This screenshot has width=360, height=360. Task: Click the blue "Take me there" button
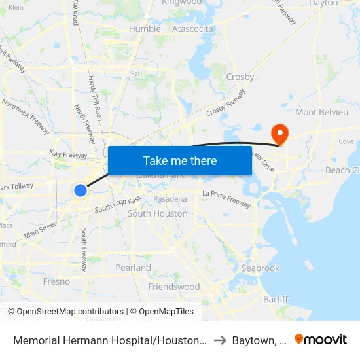tap(180, 160)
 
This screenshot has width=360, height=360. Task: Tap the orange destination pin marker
tap(280, 134)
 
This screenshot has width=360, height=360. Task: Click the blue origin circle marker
tap(80, 190)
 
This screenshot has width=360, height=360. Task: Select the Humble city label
tap(145, 29)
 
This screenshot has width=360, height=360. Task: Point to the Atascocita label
tap(192, 29)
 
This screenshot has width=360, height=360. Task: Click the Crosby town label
tap(240, 77)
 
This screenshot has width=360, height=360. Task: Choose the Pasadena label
tap(170, 198)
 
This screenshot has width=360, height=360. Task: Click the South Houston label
tap(157, 213)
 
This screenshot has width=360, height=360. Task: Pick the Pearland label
tap(133, 268)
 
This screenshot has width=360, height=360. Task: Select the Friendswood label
tap(174, 287)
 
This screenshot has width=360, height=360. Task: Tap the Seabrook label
tap(260, 268)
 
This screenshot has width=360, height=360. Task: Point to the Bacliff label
tap(275, 299)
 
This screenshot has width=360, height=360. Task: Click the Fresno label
tap(56, 281)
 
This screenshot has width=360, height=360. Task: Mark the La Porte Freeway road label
tap(226, 198)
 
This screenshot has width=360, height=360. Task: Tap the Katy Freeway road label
tap(68, 154)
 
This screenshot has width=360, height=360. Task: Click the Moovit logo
tap(320, 339)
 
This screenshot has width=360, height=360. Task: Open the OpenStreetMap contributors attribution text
tap(70, 312)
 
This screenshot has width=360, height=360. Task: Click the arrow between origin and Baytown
tap(220, 340)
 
